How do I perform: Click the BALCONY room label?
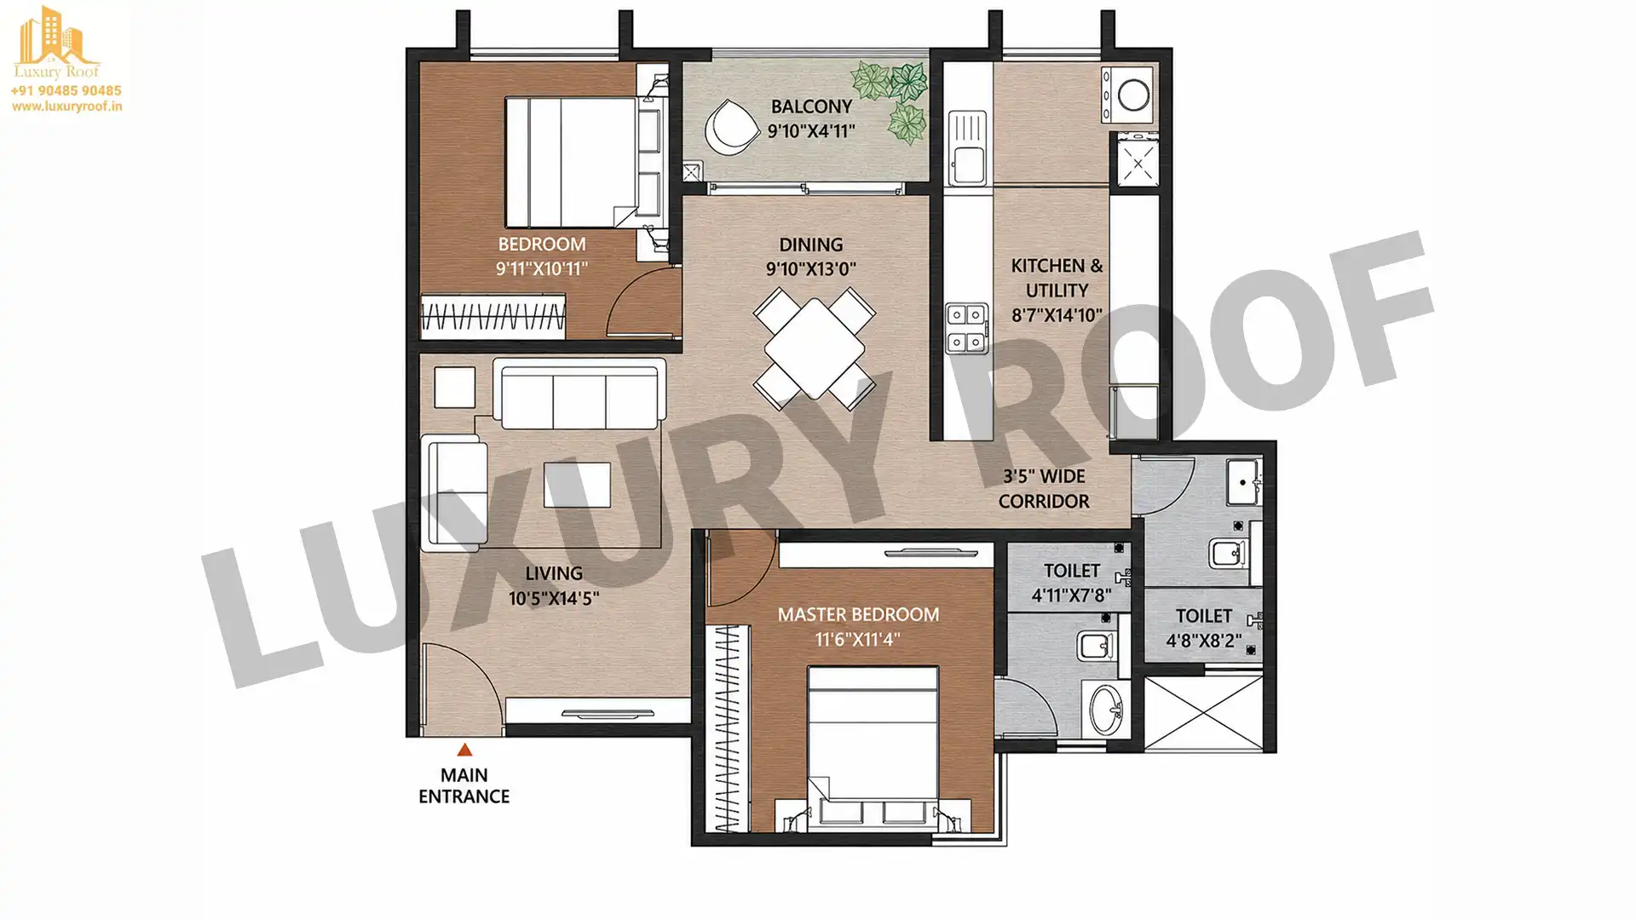tap(811, 106)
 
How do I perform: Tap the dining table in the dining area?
tap(815, 348)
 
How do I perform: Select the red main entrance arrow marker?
tap(464, 750)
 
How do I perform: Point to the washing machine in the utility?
tap(1130, 95)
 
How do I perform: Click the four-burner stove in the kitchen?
tap(966, 328)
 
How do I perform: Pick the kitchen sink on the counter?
tap(967, 147)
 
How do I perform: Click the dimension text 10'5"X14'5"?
tap(554, 599)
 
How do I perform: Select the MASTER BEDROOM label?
tap(858, 614)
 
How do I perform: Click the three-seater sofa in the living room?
tap(579, 394)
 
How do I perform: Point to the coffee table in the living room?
tap(577, 484)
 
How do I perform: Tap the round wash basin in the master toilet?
tap(1107, 708)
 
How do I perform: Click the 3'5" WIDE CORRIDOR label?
tap(1044, 489)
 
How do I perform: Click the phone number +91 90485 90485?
tap(66, 90)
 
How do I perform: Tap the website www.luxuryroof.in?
tap(66, 106)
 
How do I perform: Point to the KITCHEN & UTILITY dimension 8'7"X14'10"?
tap(1057, 315)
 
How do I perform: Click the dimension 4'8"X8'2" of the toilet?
tap(1203, 641)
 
